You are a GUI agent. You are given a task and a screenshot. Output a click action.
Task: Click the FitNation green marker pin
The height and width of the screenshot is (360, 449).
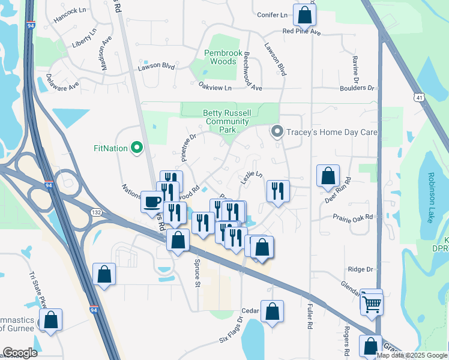pos(137,147)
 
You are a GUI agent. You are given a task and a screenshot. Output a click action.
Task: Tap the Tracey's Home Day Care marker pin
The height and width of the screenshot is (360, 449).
pos(277,131)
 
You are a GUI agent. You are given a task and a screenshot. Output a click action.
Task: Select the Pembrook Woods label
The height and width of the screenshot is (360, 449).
pos(223,57)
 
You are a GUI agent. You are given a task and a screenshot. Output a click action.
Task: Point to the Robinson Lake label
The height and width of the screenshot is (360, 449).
pos(430,197)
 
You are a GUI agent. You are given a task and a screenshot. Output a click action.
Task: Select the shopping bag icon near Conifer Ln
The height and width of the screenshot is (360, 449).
pos(304,14)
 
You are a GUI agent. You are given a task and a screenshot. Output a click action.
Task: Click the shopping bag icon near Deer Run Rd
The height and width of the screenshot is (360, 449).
pos(328,176)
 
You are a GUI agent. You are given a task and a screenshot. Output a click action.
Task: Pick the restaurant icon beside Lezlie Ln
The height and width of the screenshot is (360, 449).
pos(277,191)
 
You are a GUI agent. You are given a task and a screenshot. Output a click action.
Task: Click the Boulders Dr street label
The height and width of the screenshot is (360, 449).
pos(356,88)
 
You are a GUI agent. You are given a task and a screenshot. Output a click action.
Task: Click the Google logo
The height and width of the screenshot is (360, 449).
pos(20,353)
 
